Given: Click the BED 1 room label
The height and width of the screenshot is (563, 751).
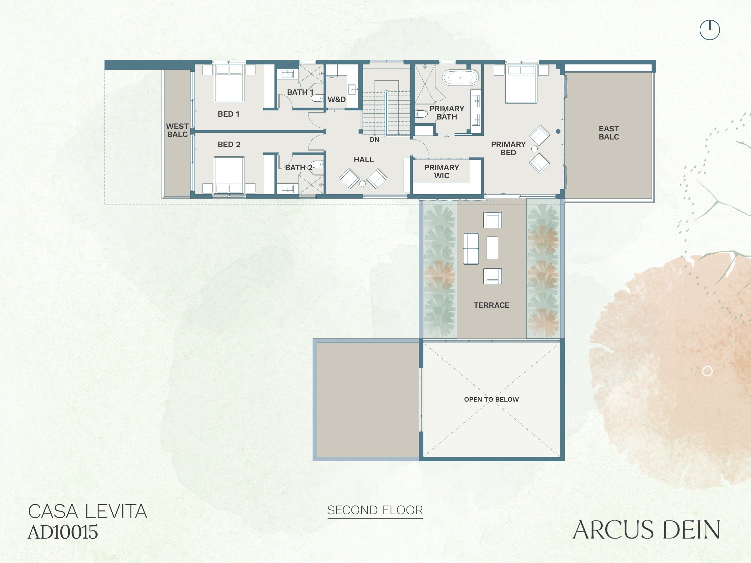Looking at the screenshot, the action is coord(228,114).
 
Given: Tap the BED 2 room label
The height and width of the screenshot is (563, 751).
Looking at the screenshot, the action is coord(229,145).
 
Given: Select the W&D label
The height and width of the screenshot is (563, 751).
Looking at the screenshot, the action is coord(336,99).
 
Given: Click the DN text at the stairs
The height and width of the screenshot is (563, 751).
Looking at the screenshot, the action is coord(374,139).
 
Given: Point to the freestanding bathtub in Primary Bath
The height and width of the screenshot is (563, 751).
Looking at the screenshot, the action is coord(460,77).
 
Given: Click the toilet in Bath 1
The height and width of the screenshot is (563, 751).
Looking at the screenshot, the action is coord(317,99).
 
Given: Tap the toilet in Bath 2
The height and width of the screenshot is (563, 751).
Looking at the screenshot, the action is coord(317,165).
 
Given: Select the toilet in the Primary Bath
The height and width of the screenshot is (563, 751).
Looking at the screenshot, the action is coord(421,114).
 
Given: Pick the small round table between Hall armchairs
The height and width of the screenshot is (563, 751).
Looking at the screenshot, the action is coord(362,184).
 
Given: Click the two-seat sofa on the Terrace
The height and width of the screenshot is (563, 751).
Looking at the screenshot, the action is coord(471,248).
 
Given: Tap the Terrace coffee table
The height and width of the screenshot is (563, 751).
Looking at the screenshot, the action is coord(492,248).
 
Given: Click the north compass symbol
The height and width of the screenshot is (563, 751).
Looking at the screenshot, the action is coord(710,30).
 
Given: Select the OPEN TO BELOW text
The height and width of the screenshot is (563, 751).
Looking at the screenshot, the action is coord(491,399).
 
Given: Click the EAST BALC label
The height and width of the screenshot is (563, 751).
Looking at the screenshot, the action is coord(609,133).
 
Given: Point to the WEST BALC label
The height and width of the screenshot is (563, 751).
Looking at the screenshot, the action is coord(177,130).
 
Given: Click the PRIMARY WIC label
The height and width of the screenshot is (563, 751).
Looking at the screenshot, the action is coord(441,171).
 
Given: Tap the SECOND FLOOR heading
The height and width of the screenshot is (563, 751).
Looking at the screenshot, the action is coord(375,510).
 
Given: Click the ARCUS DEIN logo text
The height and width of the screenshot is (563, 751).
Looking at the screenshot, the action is coord(646,530).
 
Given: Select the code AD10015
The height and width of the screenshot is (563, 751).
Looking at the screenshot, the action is coord(63,532).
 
